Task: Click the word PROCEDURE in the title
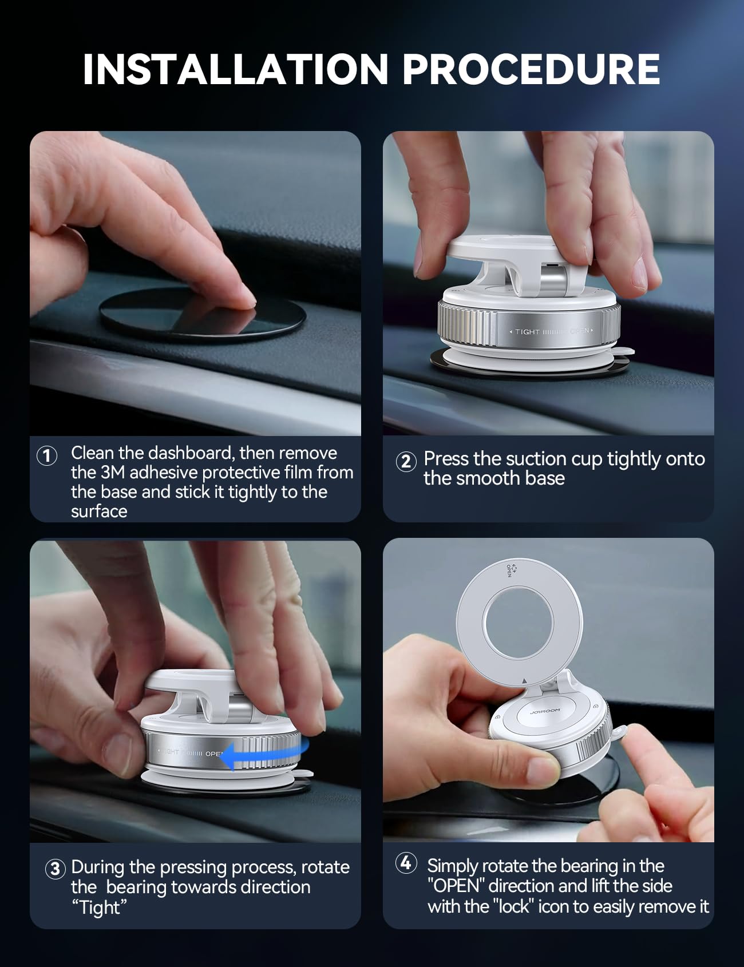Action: coord(531,70)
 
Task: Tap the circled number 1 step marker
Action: coord(47,456)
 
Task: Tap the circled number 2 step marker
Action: coord(406,461)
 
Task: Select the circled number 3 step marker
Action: coord(54,869)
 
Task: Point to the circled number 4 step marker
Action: coord(406,863)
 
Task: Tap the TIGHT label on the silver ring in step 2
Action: coord(527,331)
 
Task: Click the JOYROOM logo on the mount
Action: coord(545,711)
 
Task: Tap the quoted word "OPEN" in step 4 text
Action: coord(456,886)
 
